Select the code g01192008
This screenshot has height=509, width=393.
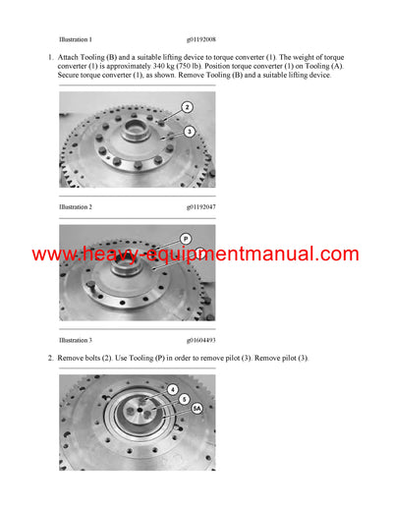click(201, 38)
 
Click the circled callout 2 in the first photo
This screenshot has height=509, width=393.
click(187, 107)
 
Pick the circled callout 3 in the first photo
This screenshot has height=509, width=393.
click(190, 131)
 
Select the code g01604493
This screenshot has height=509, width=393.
click(201, 340)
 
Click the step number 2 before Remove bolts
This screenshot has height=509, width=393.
click(49, 357)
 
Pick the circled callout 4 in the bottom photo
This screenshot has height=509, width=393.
click(173, 389)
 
